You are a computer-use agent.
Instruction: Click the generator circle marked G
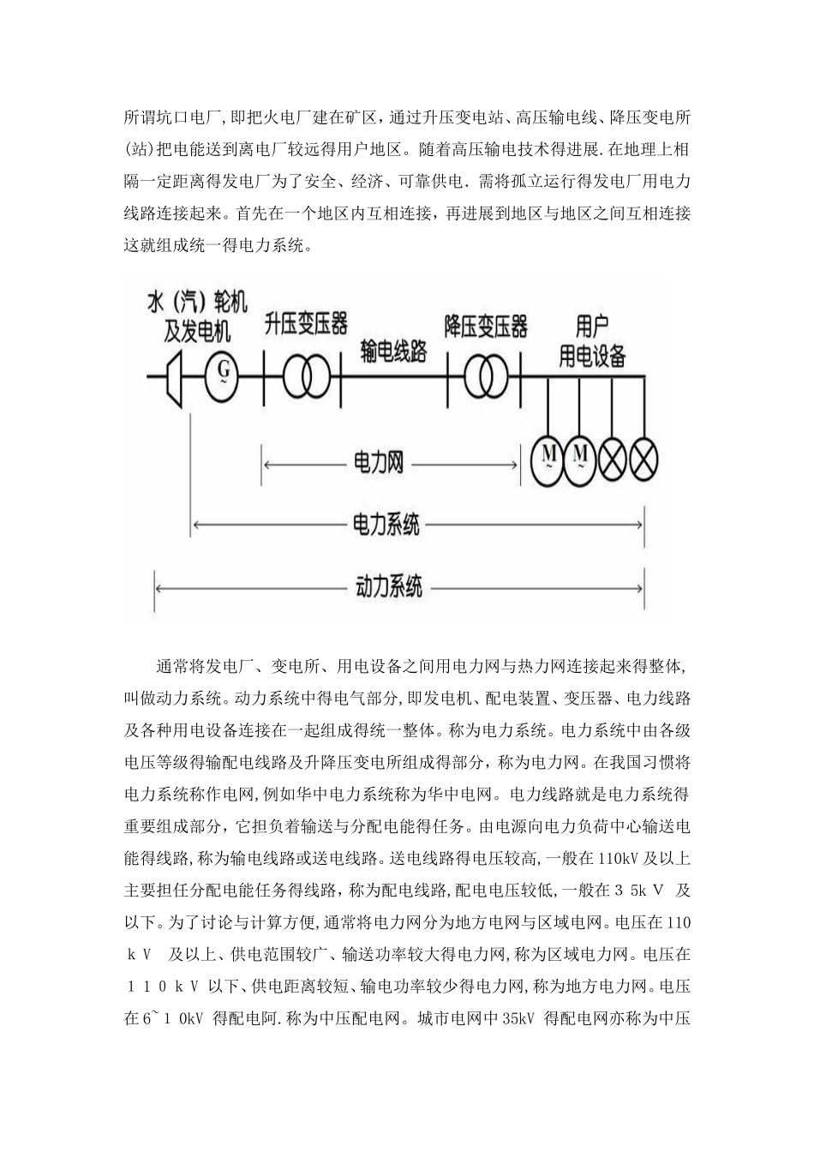click(x=222, y=374)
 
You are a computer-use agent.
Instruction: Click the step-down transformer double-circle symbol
click(x=486, y=375)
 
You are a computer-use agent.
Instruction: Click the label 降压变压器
click(x=486, y=326)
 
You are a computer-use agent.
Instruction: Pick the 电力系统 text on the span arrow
click(x=387, y=524)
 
